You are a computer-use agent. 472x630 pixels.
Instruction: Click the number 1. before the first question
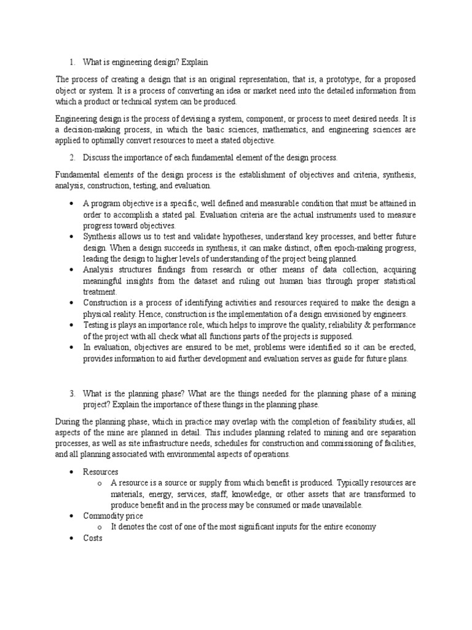click(71, 62)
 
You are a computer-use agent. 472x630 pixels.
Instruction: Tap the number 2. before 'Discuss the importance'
click(71, 158)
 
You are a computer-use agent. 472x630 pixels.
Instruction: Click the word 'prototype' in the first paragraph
click(320, 79)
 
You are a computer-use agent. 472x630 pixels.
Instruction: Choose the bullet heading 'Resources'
click(101, 471)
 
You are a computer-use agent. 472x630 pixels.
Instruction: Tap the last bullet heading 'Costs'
click(93, 538)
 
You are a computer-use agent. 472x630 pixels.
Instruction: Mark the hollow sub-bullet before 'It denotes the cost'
click(99, 527)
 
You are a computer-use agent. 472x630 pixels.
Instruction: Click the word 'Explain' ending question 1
click(194, 62)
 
